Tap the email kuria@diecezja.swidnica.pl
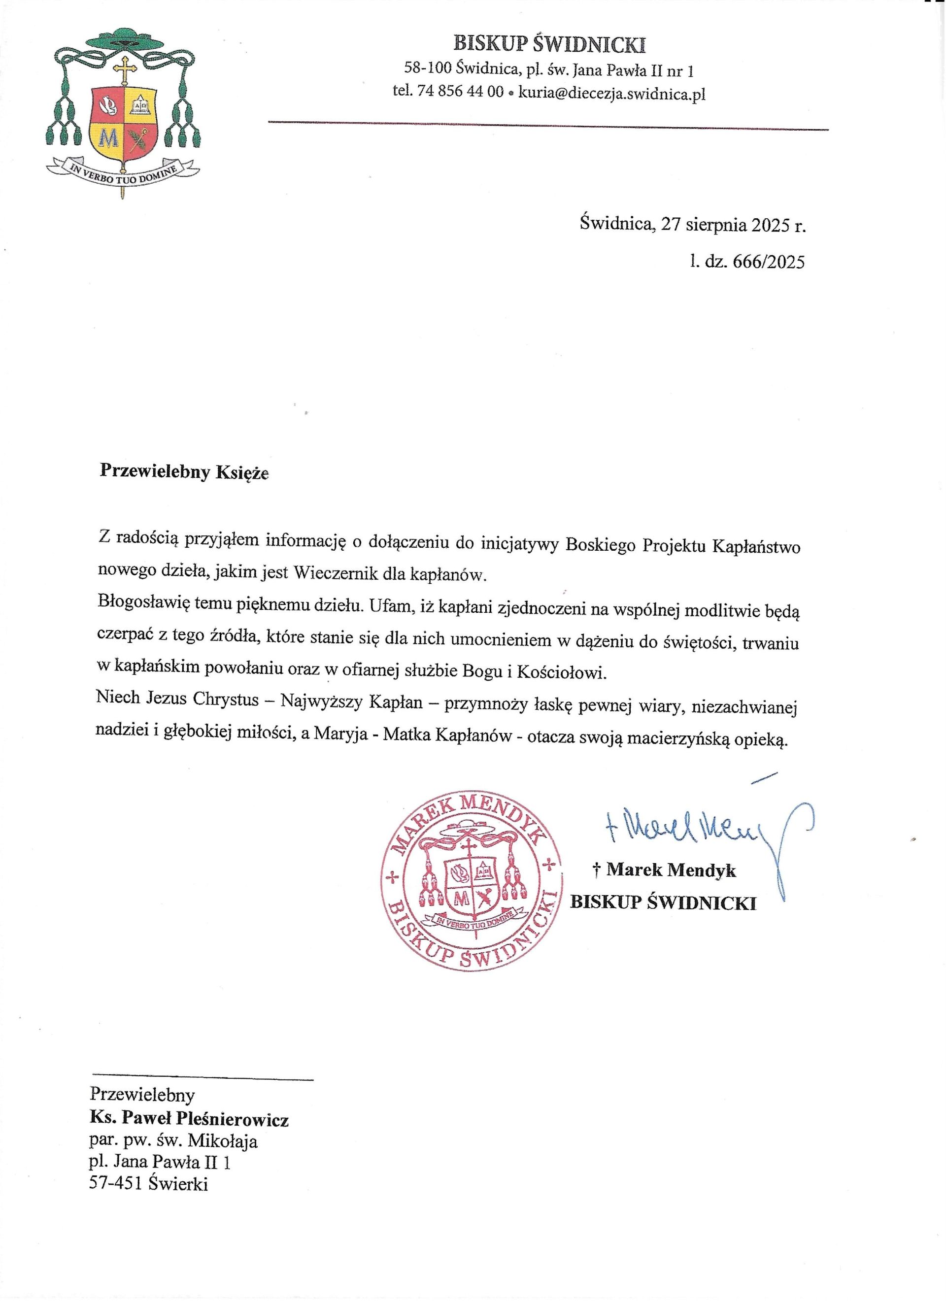(x=611, y=93)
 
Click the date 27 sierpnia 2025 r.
(x=733, y=225)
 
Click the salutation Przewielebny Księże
(x=184, y=471)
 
